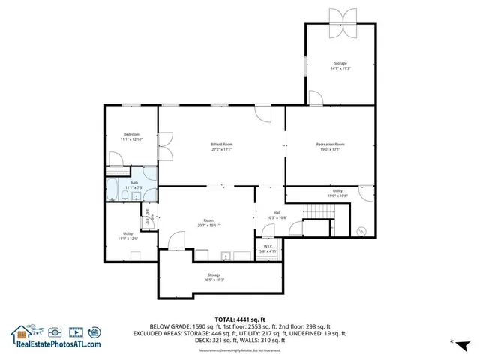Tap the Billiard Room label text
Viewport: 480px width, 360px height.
[x=221, y=146]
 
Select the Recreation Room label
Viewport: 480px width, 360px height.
[x=330, y=146]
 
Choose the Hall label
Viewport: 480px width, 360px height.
[x=277, y=215]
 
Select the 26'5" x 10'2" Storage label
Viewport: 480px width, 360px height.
[x=214, y=278]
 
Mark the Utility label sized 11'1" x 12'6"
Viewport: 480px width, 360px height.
[x=128, y=235]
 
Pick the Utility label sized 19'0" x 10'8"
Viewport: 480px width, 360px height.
[x=338, y=193]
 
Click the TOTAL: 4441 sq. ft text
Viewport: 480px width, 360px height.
[x=240, y=319]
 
